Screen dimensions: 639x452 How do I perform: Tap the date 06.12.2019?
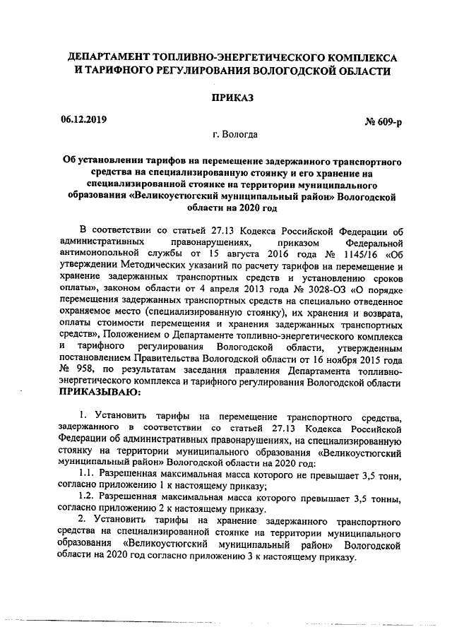click(83, 119)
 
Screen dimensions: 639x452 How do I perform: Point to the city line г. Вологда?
click(224, 134)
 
